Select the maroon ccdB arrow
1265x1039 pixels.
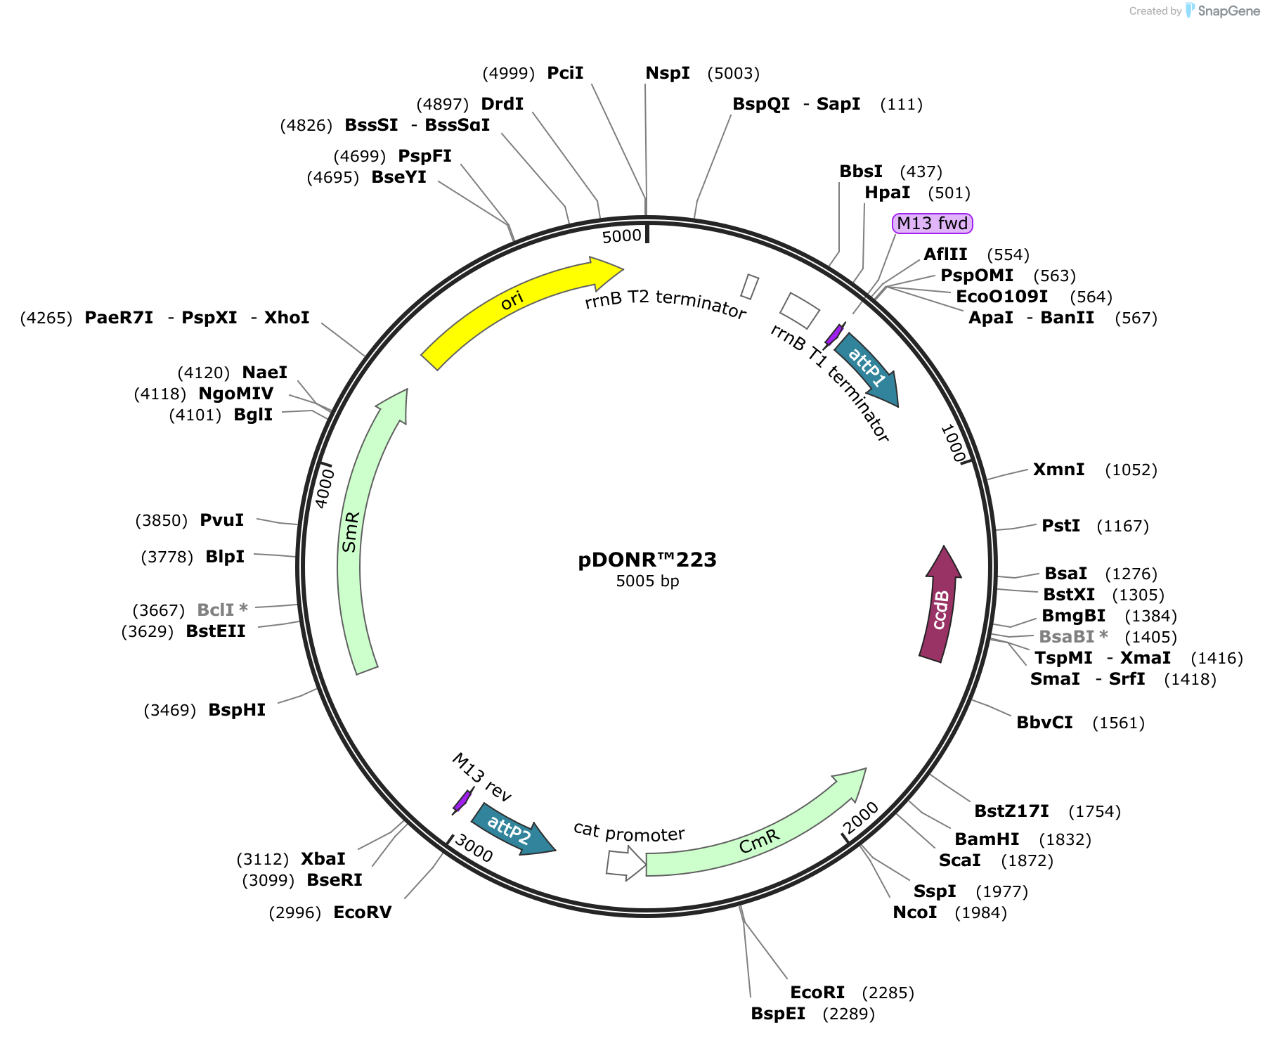coord(940,605)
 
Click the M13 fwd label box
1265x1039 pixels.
coord(933,224)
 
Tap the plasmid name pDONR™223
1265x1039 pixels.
coord(647,560)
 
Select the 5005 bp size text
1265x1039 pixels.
coord(647,581)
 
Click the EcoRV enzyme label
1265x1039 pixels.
coord(363,912)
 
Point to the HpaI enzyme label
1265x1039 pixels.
coord(888,193)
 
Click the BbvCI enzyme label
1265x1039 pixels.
coord(1045,723)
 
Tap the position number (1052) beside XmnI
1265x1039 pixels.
coord(1131,470)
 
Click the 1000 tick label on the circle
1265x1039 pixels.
coord(953,444)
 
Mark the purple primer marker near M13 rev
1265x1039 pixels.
coord(462,801)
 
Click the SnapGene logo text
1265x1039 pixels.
coord(1229,11)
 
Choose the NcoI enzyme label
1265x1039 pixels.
coord(915,912)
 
